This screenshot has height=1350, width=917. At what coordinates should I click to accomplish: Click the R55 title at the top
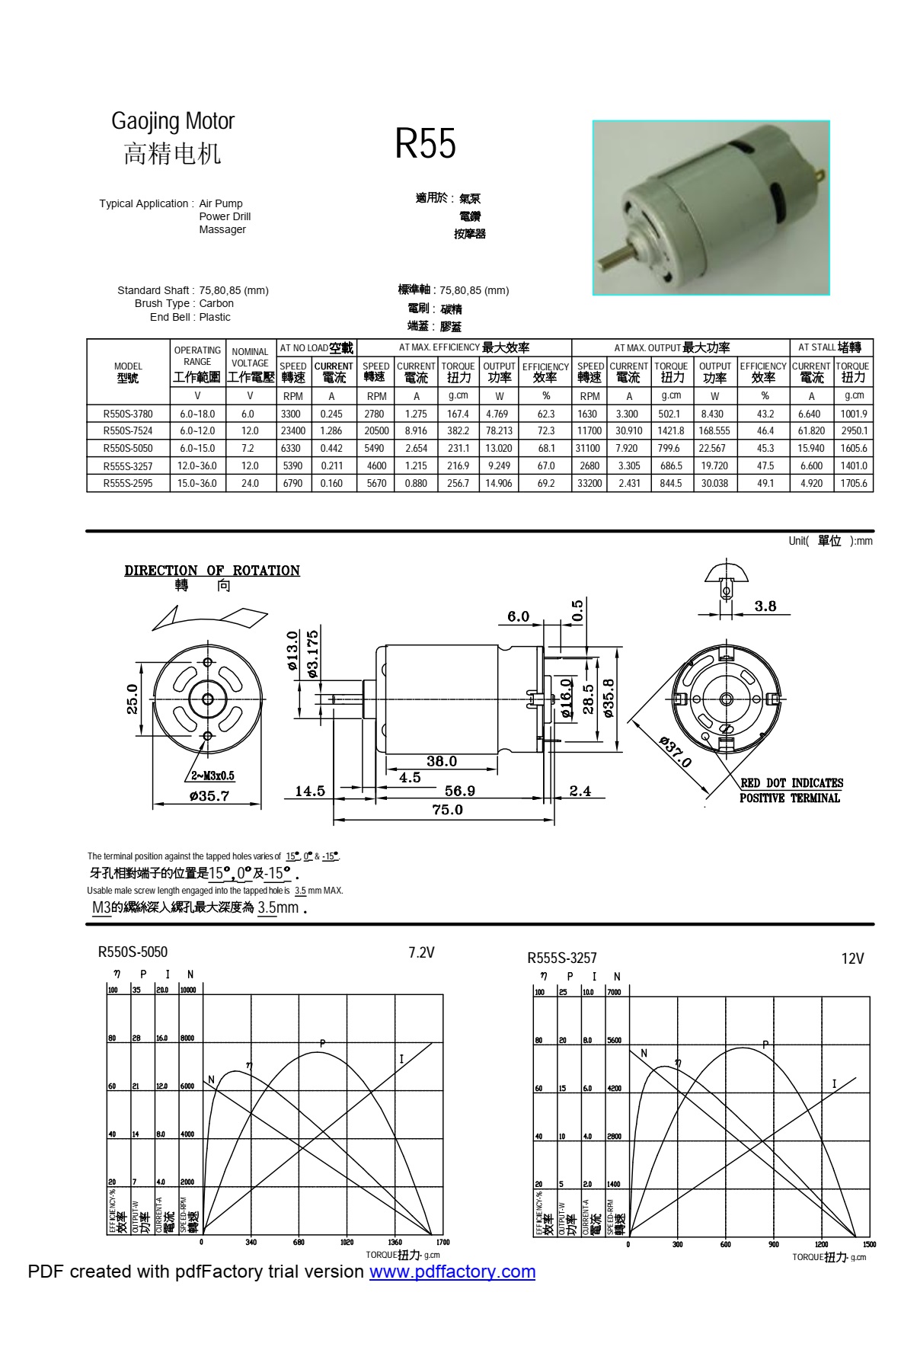point(425,143)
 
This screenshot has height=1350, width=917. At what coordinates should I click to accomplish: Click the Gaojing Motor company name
point(173,121)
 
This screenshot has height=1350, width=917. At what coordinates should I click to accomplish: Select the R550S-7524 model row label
point(128,430)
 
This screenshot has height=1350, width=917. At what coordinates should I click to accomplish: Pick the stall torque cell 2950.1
point(854,430)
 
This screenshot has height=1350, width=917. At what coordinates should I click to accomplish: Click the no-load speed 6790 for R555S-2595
point(292,483)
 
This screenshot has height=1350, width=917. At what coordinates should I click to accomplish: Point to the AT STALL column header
point(831,347)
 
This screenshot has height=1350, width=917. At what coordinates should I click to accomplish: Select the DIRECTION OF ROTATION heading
point(212,571)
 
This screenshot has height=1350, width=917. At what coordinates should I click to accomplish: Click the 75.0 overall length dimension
point(447,810)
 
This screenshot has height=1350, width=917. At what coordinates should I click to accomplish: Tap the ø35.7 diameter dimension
point(209,796)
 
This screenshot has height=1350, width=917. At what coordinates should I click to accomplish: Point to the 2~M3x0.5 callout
point(212,776)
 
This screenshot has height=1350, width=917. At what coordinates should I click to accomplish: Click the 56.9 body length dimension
point(459,791)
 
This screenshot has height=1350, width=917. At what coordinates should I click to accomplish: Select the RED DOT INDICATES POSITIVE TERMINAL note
point(791,790)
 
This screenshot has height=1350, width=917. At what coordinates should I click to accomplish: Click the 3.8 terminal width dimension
point(765,606)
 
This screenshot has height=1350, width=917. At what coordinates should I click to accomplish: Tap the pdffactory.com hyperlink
point(452,1271)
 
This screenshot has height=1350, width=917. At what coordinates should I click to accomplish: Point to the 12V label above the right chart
point(852,958)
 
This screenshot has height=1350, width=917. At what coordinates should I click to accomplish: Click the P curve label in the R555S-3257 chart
point(765,1044)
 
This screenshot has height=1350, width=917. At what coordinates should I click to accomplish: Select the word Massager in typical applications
point(222,229)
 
